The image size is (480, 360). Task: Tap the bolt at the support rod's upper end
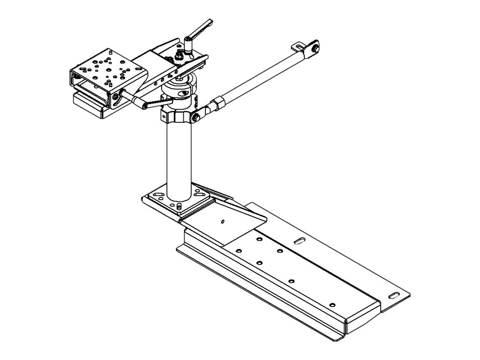click(317, 47)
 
